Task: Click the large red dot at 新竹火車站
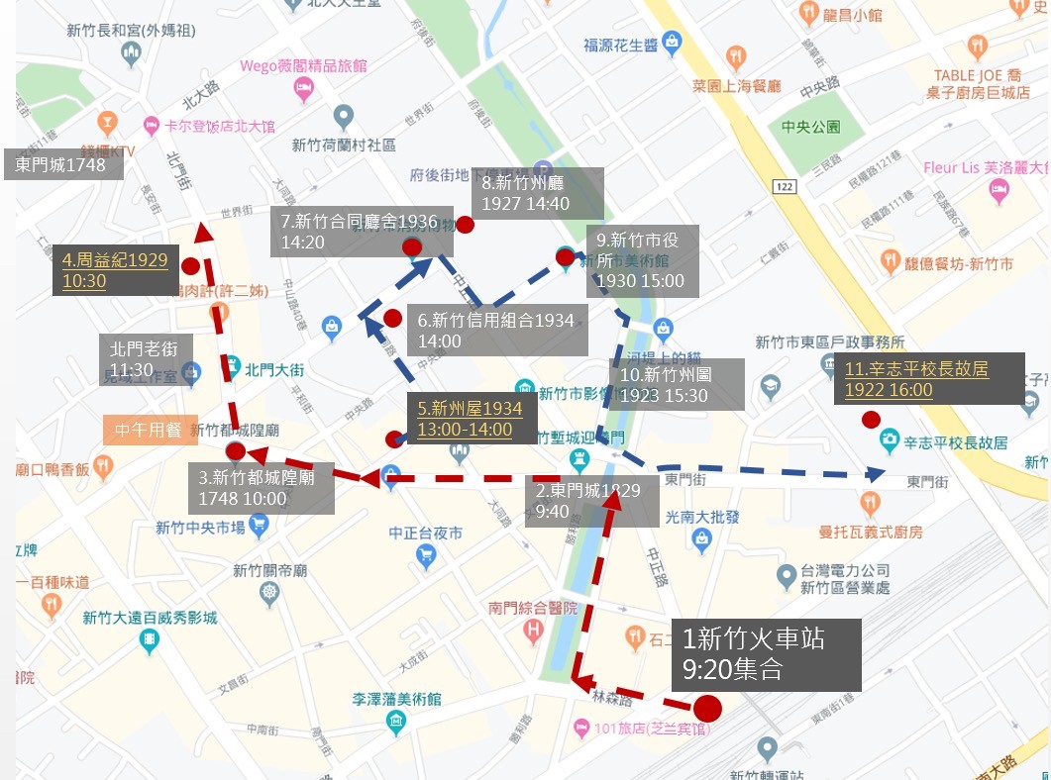click(706, 709)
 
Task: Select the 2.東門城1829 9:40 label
click(591, 501)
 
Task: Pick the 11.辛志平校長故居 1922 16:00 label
click(916, 379)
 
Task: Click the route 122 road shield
click(785, 186)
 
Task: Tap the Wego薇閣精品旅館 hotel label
click(303, 67)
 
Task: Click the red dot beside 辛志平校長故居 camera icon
click(871, 420)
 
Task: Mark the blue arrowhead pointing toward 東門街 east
click(875, 474)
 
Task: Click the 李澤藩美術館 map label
click(397, 700)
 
